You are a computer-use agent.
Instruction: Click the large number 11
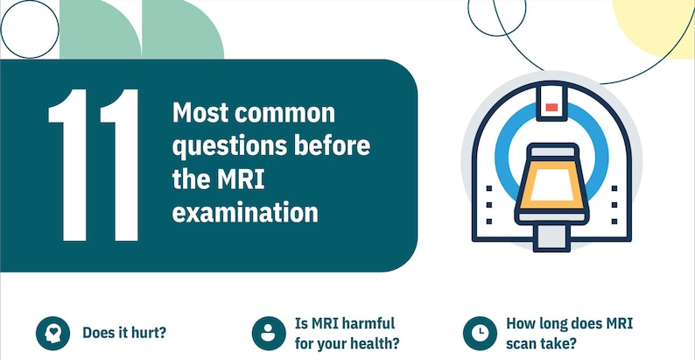94,165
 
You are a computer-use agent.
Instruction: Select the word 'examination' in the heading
245,213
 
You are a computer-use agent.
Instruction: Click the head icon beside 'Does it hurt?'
52,332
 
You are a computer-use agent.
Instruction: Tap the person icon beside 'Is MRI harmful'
268,332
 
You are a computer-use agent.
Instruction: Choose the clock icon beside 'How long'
480,332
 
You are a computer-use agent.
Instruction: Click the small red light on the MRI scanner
551,107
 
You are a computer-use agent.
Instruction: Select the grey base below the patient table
551,234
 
